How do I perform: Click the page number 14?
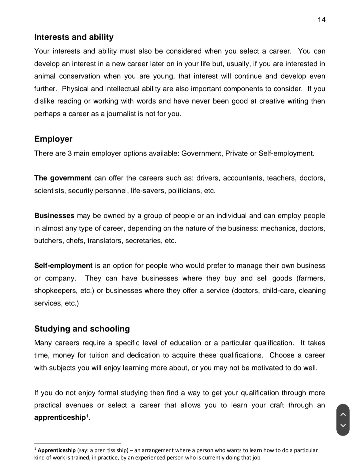click(x=321, y=20)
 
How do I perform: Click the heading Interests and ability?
click(x=74, y=37)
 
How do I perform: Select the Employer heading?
click(x=53, y=139)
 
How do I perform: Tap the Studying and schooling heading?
click(x=82, y=329)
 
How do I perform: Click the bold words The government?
click(x=62, y=178)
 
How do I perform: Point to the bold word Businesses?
click(x=54, y=216)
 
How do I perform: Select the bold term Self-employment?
click(x=63, y=266)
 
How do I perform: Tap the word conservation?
click(x=79, y=76)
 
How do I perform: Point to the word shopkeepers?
click(x=55, y=291)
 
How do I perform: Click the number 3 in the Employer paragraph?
click(x=70, y=154)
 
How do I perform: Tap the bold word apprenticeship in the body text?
click(x=60, y=418)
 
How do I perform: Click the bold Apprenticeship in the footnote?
click(x=57, y=450)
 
